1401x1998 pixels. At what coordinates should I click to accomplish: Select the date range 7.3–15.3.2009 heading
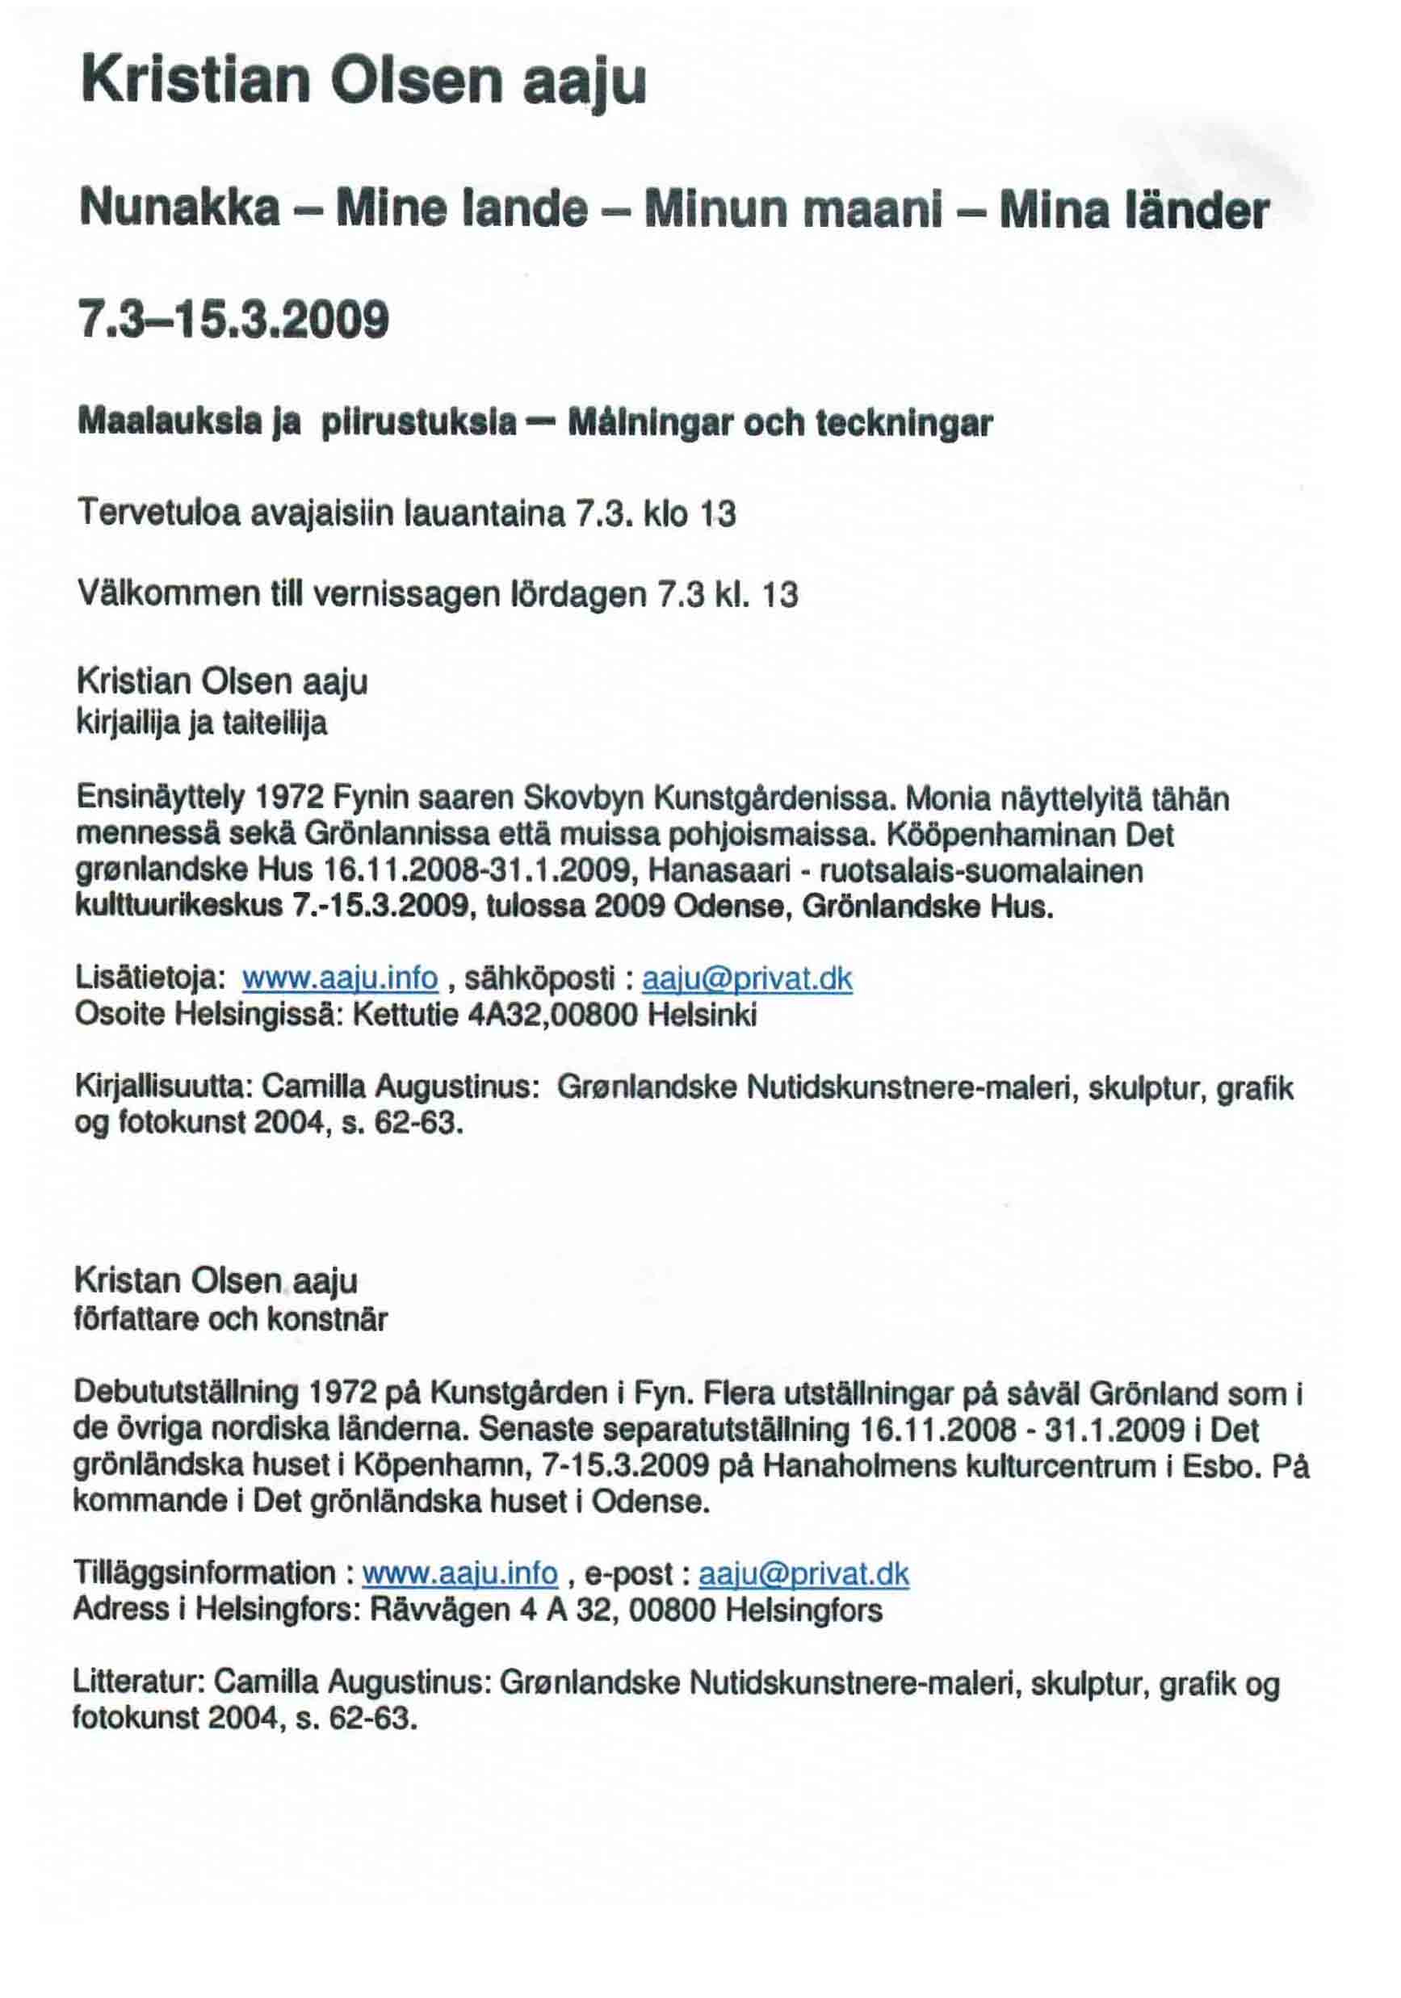coord(233,320)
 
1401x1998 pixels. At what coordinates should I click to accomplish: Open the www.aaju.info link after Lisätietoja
coord(339,978)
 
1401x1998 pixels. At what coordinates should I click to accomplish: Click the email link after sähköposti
coord(747,979)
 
